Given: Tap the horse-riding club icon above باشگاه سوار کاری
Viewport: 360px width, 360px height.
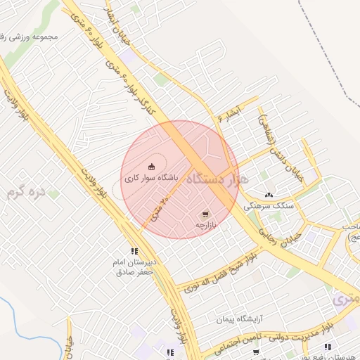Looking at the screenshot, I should [x=152, y=167].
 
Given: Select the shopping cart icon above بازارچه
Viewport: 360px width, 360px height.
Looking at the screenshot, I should [x=205, y=214].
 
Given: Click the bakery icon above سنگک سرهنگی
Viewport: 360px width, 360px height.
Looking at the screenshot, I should [x=269, y=195].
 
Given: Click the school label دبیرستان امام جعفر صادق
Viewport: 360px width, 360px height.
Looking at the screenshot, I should [x=134, y=266].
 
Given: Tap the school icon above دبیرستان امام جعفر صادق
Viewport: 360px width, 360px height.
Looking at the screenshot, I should [x=134, y=251].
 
